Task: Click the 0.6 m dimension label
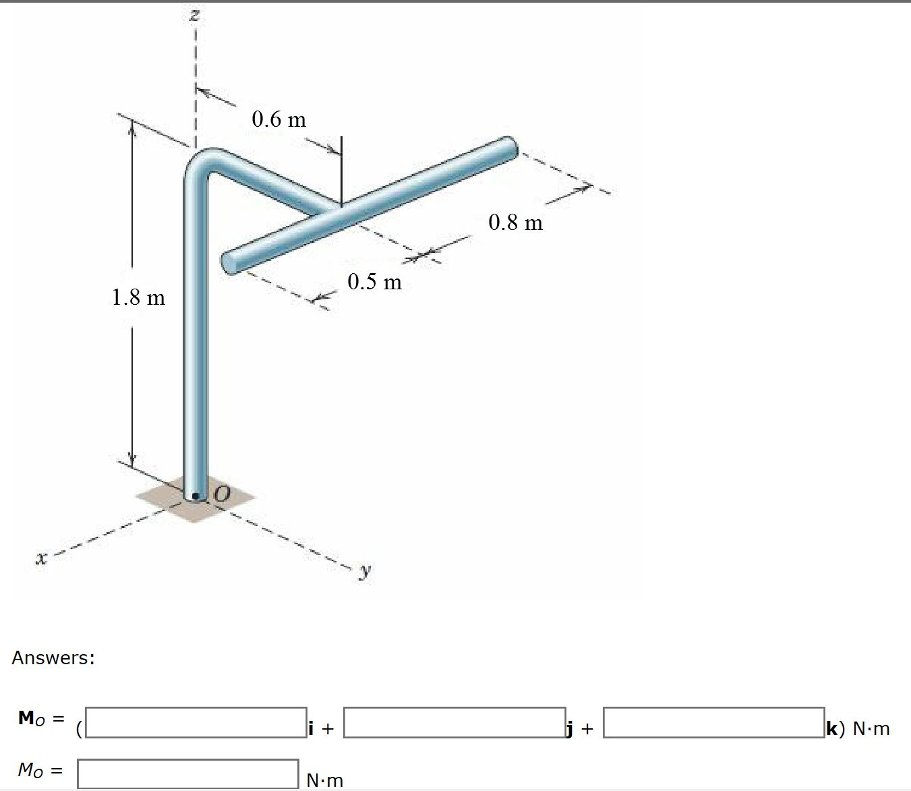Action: (278, 119)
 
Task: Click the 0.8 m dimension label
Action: (515, 222)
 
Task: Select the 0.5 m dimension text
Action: (374, 281)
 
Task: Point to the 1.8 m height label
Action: (138, 297)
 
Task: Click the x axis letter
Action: (42, 558)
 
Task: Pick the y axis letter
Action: (365, 570)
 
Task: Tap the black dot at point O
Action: (196, 498)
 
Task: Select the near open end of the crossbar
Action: (229, 263)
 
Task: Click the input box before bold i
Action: (196, 722)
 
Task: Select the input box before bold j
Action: (454, 722)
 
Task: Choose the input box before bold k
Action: (713, 722)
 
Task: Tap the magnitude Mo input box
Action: (187, 773)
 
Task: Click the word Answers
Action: (53, 657)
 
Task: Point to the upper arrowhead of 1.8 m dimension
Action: (132, 128)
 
